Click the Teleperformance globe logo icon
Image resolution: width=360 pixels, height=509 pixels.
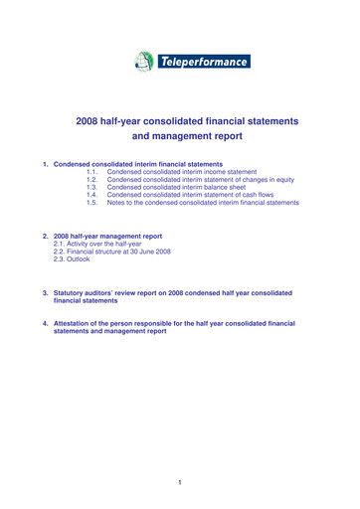[144, 62]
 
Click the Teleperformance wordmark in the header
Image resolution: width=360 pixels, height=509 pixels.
[203, 62]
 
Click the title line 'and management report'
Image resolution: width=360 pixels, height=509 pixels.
[186, 140]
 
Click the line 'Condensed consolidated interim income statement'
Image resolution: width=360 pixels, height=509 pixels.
[185, 171]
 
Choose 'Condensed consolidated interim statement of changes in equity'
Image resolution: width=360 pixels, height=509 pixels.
[203, 179]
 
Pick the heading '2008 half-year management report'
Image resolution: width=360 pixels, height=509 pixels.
[108, 237]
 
